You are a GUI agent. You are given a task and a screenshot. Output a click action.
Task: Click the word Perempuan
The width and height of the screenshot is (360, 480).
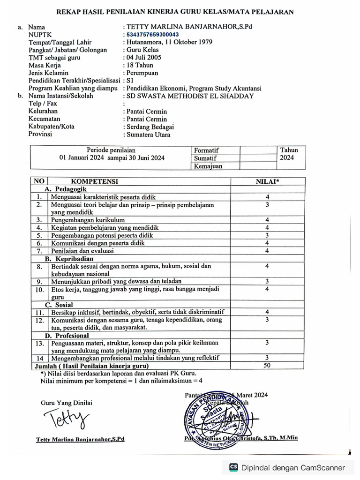142,73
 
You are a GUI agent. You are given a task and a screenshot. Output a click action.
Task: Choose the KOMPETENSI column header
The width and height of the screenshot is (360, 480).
94,181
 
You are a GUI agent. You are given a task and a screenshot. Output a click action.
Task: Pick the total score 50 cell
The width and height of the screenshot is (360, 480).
267,366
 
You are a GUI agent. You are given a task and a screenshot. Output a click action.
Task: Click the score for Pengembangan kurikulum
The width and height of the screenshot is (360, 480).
267,220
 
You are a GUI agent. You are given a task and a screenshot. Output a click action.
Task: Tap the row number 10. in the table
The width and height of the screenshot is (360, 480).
39,290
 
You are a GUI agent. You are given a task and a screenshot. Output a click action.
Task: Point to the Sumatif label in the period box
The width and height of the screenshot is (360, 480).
206,158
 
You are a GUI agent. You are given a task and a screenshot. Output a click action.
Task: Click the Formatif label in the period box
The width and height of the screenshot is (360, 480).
207,150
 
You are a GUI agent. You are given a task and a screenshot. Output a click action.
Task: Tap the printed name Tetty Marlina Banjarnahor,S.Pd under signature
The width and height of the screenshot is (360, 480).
80,440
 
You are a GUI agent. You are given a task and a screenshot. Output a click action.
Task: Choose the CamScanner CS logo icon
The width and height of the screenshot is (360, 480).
233,467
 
